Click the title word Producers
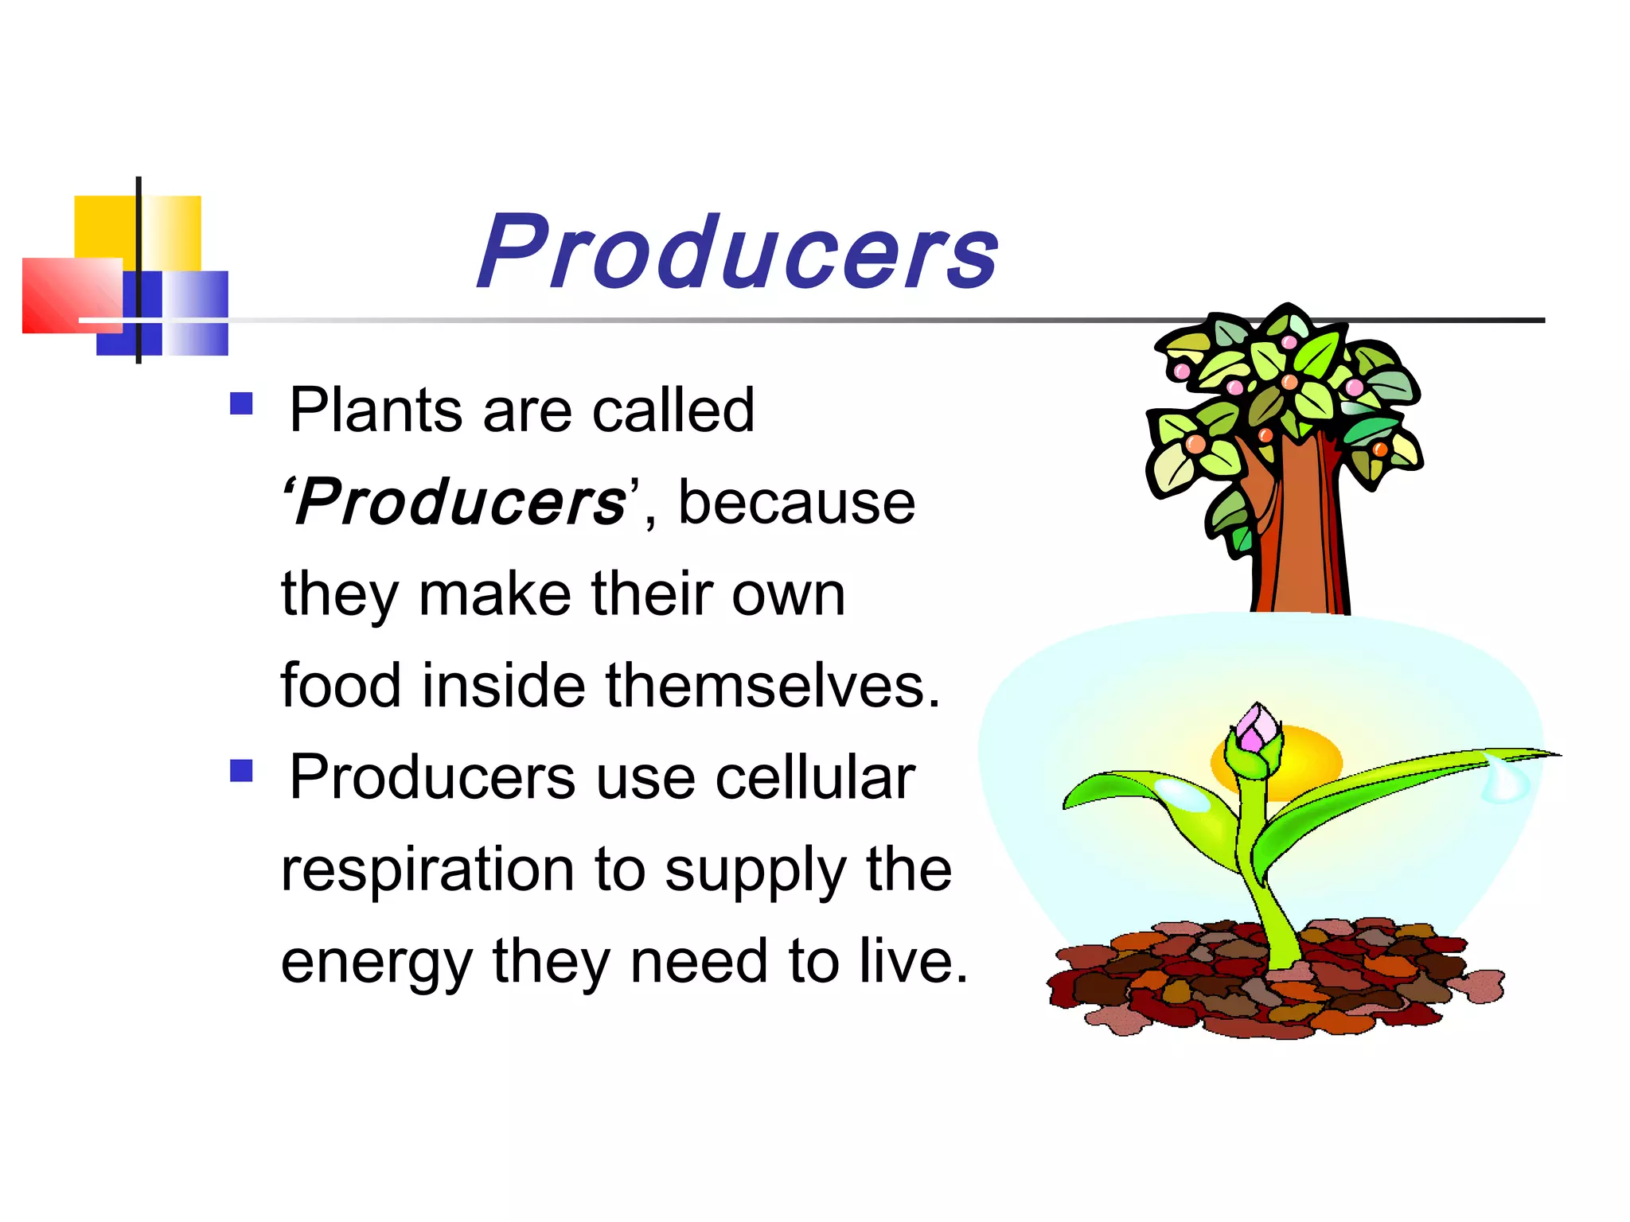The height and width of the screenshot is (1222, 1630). point(737,253)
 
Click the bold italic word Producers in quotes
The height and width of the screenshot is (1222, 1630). point(461,503)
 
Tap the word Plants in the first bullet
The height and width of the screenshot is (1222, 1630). point(375,411)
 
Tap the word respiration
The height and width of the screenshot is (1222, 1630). point(427,870)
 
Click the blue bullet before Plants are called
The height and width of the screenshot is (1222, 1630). point(241,404)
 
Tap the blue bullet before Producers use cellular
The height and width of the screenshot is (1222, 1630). point(241,771)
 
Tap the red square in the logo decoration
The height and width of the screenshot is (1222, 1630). point(68,294)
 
